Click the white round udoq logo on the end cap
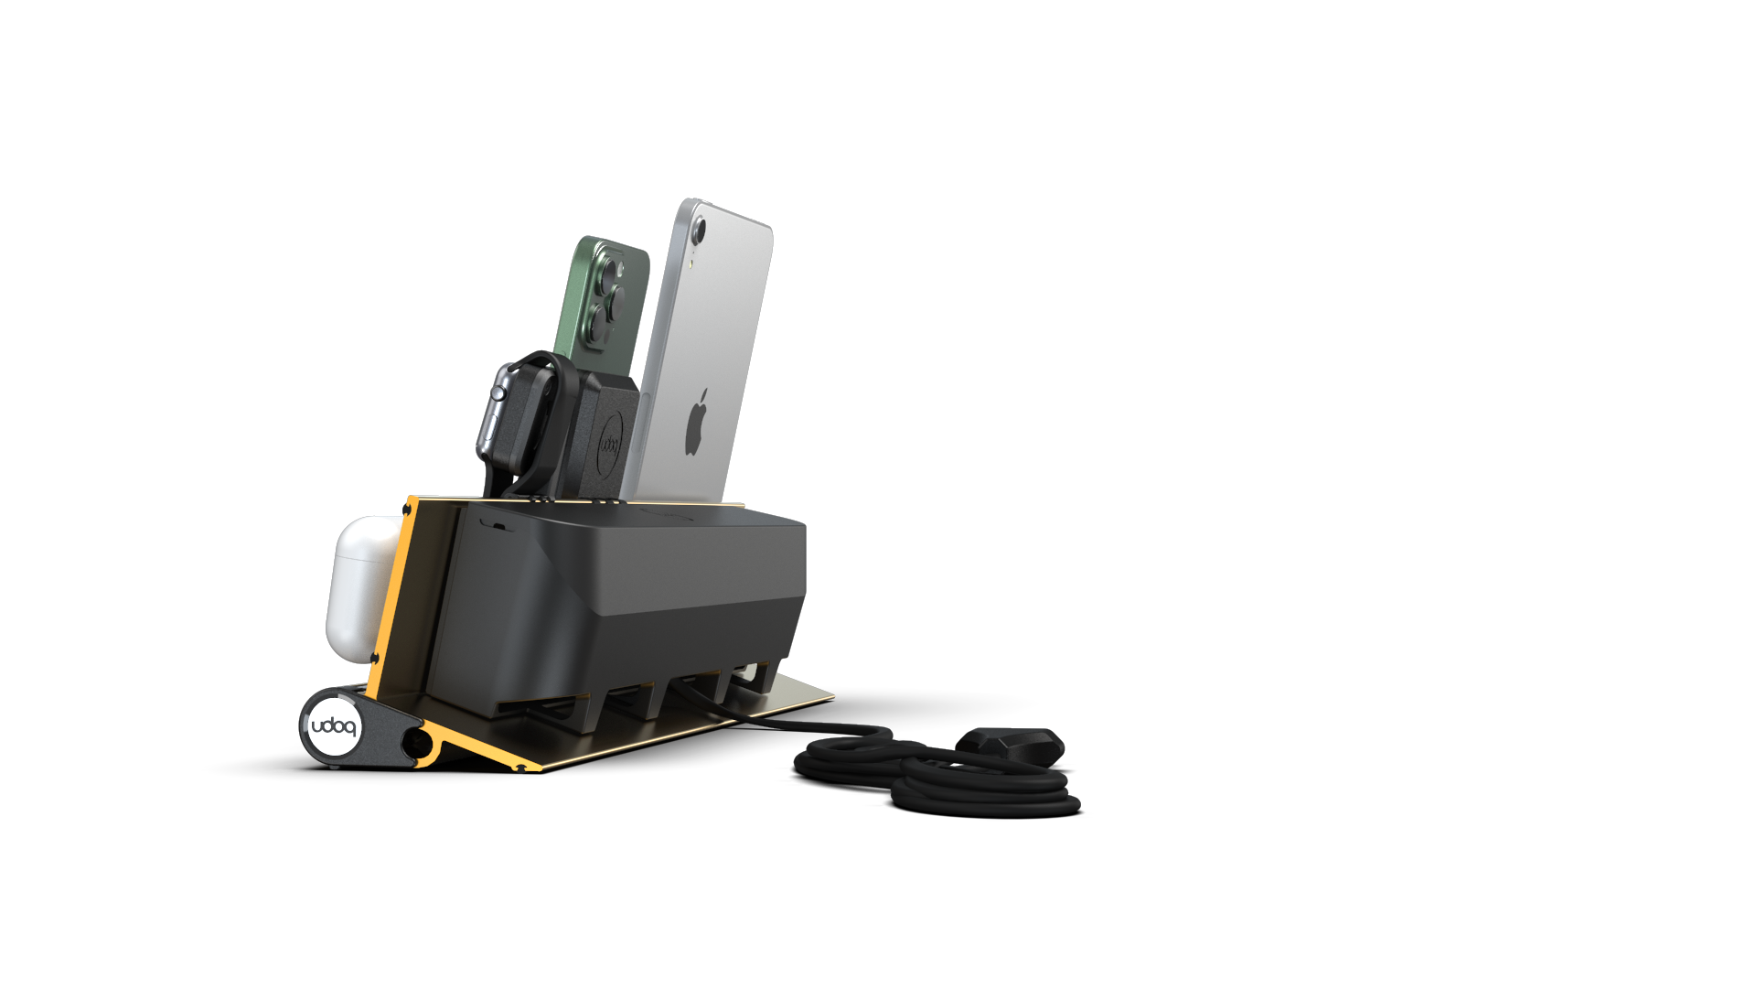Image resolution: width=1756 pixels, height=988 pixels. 334,727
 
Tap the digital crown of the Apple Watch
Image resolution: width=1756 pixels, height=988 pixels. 498,393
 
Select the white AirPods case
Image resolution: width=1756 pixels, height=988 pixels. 361,581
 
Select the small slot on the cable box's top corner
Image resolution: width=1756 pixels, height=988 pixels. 495,525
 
